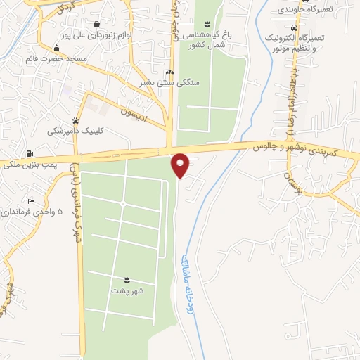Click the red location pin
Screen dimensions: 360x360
[181, 165]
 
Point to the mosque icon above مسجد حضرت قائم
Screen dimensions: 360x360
[56, 48]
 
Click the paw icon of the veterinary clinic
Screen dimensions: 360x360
[75, 120]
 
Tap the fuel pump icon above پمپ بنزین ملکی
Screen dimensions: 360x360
[29, 154]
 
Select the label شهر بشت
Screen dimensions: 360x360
[127, 290]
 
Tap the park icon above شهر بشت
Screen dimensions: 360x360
[127, 279]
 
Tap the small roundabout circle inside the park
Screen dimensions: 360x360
[122, 204]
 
